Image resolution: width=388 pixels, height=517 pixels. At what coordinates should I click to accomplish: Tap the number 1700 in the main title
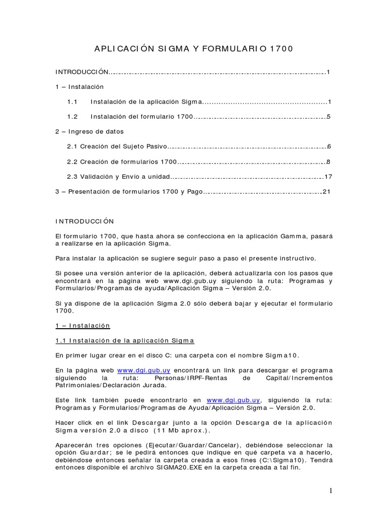click(281, 49)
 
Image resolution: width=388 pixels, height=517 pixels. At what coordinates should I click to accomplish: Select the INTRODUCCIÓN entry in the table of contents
click(82, 72)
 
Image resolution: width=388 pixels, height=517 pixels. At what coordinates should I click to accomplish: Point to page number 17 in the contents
click(328, 177)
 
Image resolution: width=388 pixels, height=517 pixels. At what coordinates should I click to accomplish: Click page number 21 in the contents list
click(326, 191)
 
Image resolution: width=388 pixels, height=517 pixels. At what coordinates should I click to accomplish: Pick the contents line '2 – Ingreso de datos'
click(89, 131)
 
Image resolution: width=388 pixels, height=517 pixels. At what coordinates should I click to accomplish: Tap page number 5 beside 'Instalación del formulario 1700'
click(328, 117)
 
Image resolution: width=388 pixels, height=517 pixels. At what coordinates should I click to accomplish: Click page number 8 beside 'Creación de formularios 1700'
click(328, 162)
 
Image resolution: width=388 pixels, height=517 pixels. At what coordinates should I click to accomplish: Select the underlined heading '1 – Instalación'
click(82, 326)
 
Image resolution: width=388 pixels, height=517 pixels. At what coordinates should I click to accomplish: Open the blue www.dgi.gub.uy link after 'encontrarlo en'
click(227, 400)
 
